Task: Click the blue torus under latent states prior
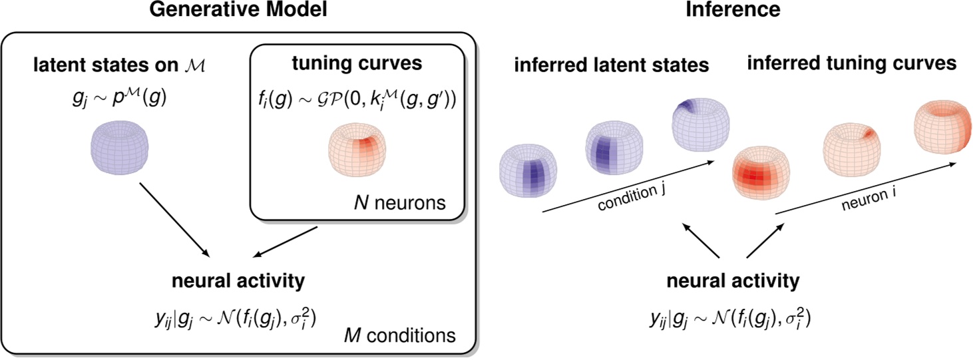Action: [120, 150]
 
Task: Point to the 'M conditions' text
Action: [399, 335]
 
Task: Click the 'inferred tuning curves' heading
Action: [851, 64]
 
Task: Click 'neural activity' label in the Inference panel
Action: [732, 281]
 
